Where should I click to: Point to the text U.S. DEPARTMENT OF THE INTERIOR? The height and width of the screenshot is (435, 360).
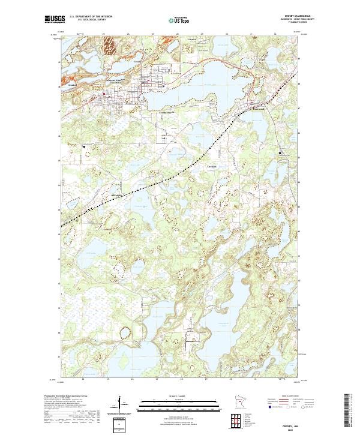pyautogui.click(x=91, y=17)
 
